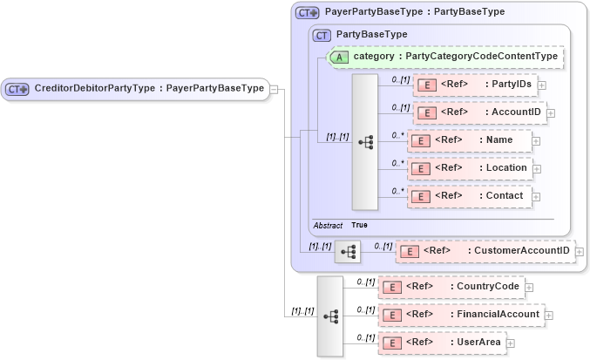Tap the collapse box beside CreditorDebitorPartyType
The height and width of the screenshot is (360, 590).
pos(274,88)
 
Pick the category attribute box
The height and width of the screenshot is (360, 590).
pos(444,57)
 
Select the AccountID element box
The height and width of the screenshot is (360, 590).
pos(478,112)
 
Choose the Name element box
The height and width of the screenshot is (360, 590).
pos(469,140)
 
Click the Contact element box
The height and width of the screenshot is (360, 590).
pos(469,195)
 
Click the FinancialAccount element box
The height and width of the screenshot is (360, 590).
pos(461,314)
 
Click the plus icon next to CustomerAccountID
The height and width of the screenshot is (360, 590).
pos(580,252)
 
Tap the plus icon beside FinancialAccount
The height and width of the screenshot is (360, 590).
pos(549,315)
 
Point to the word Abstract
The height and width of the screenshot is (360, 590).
pos(328,225)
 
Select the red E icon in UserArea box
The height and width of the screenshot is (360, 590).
pos(393,343)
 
